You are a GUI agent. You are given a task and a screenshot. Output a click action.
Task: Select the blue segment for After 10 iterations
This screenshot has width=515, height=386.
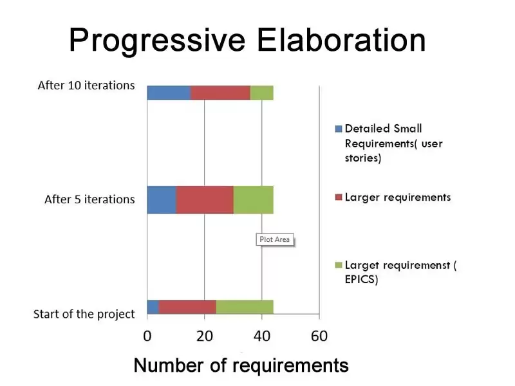tap(168, 93)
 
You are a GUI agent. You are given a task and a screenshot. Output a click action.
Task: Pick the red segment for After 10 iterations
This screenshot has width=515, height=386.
tap(220, 93)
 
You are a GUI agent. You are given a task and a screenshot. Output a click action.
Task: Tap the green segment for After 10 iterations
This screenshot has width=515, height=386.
tap(261, 93)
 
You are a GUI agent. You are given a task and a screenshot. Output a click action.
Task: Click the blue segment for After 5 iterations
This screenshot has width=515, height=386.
tap(161, 199)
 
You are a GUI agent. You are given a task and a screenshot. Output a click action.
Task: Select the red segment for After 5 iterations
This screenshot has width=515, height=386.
tap(205, 199)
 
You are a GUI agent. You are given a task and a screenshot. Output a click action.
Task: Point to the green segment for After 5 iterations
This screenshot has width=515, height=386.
tap(253, 199)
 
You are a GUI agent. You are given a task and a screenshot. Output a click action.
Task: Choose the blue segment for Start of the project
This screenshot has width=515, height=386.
tap(153, 307)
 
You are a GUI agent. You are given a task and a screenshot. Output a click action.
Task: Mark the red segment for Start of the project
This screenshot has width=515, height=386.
tap(187, 307)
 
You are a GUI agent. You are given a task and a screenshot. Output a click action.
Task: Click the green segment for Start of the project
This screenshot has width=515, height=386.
tap(245, 307)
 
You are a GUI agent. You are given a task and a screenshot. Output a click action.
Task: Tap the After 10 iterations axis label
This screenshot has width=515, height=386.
tap(86, 85)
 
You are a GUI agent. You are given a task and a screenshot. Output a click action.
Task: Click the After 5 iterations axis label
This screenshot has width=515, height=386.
tap(89, 199)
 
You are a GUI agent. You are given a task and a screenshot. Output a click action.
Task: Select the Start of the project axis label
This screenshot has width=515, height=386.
tap(84, 314)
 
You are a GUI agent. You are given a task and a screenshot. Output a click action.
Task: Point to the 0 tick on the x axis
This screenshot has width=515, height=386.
tap(147, 336)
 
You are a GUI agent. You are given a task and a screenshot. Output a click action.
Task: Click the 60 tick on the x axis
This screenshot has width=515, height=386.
tap(319, 336)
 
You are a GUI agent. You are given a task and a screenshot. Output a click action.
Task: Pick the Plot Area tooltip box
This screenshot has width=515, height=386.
tap(274, 239)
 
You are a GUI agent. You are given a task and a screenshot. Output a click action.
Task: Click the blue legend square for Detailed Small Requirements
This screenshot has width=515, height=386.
tap(339, 129)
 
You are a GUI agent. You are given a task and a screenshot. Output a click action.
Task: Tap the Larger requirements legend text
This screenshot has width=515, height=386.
tap(398, 197)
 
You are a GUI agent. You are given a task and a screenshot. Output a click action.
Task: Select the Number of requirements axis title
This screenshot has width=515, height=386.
tap(241, 365)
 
